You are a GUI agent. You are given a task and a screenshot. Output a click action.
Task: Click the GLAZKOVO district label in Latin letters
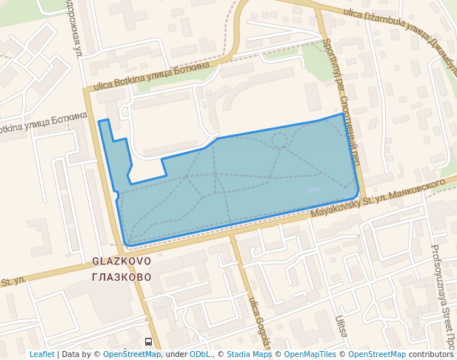pos(122,261)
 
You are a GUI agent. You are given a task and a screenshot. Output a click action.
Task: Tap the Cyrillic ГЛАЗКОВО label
pos(122,277)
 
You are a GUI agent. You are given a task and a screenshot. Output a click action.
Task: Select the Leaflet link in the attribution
pos(41,354)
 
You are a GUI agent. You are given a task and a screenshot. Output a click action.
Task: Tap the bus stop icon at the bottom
pos(149,341)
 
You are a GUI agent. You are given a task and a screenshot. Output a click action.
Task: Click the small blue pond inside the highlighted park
pos(313,190)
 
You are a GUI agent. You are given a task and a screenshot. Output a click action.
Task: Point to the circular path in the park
pos(278,139)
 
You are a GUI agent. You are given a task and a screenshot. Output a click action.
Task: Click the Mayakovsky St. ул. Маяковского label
pos(378,197)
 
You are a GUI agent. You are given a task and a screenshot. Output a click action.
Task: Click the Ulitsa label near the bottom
pos(341,327)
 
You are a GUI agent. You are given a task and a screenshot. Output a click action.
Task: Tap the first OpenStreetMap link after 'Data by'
pos(132,354)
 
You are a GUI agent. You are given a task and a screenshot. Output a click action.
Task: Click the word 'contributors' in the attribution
pos(430,354)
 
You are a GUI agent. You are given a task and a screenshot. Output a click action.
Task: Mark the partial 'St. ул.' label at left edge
pos(13,281)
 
